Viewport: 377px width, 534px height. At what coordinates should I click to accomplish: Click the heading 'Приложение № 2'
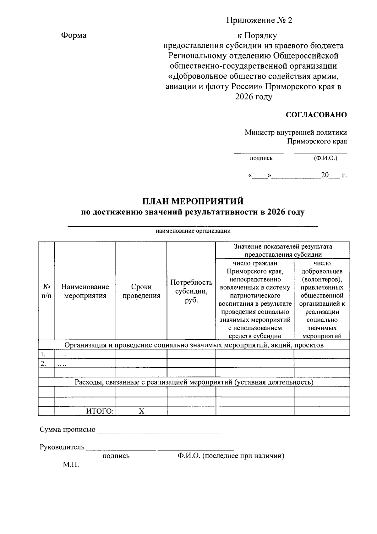pyautogui.click(x=259, y=21)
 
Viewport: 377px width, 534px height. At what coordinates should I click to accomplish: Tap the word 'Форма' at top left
pyautogui.click(x=74, y=35)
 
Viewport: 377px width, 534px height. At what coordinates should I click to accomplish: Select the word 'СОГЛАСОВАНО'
pyautogui.click(x=316, y=115)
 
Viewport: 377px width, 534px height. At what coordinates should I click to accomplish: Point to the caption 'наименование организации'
pyautogui.click(x=193, y=231)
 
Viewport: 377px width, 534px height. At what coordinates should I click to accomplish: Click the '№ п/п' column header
pyautogui.click(x=46, y=291)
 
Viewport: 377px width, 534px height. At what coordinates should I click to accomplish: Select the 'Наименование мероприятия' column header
pyautogui.click(x=85, y=291)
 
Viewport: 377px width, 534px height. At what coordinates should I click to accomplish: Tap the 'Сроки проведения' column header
pyautogui.click(x=141, y=291)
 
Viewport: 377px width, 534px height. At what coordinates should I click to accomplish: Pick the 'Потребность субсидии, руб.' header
pyautogui.click(x=191, y=291)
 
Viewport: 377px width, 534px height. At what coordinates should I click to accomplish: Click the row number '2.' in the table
pyautogui.click(x=43, y=364)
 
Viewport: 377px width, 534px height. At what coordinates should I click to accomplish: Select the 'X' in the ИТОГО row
pyautogui.click(x=142, y=411)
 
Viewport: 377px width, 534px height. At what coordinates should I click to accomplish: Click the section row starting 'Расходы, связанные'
pyautogui.click(x=194, y=382)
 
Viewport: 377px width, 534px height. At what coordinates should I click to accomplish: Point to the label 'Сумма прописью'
pyautogui.click(x=68, y=430)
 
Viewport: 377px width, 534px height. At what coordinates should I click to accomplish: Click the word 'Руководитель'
pyautogui.click(x=62, y=447)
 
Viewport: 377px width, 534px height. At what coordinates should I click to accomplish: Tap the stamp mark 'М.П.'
pyautogui.click(x=71, y=465)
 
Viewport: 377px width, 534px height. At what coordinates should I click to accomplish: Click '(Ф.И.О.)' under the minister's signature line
pyautogui.click(x=325, y=158)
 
